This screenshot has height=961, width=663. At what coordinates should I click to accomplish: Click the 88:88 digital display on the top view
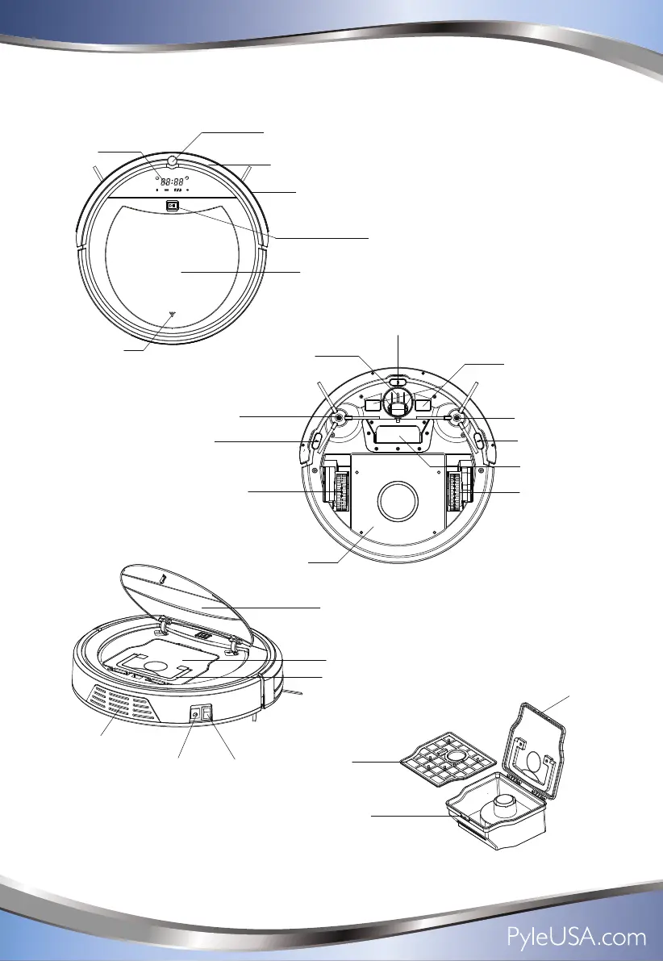(x=171, y=182)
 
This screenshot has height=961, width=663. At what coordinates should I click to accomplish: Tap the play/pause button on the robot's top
(x=172, y=206)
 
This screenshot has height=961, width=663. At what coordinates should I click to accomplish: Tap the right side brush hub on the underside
(x=457, y=418)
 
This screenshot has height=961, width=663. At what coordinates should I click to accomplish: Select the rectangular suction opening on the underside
(x=398, y=437)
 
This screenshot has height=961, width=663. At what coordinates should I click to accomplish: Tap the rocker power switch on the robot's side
(x=206, y=712)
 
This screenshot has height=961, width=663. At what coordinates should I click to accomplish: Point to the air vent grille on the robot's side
(x=117, y=702)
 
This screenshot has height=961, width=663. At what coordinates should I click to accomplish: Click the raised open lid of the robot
(x=194, y=601)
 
